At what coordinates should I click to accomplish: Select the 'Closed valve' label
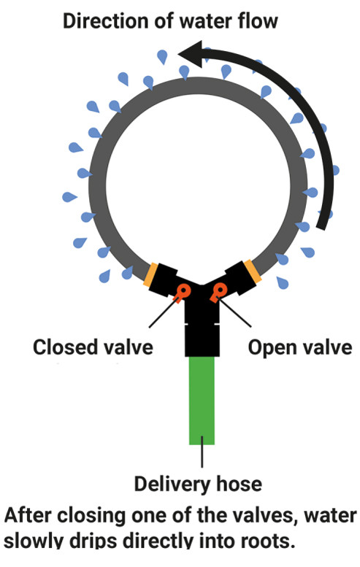pos(93,347)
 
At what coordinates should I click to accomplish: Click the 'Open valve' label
pos(300,347)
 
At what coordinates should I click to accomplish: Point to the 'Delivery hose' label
pos(198,484)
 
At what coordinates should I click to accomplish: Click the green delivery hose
pos(202,401)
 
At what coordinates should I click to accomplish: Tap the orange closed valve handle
pos(182,292)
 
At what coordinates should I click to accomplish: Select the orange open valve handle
pos(218,292)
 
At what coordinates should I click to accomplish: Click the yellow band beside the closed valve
pos(150,275)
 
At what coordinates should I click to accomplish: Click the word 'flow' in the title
pos(258,21)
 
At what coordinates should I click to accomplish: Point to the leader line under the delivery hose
pos(202,456)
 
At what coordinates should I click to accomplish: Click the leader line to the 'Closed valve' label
pos(164,312)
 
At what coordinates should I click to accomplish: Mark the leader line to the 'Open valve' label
pos(235,312)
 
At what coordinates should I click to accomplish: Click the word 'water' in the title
pos(207,22)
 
